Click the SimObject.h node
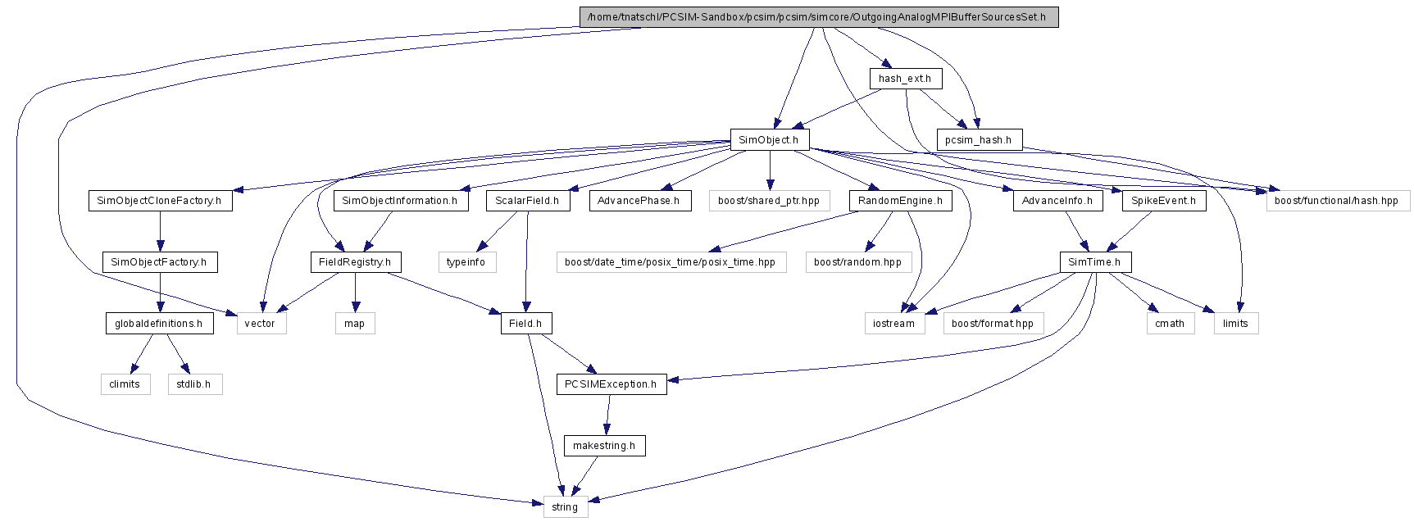coord(769,139)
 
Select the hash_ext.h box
coord(905,79)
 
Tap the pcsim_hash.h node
coord(979,139)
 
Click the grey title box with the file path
coord(819,17)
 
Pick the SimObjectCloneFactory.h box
coord(160,201)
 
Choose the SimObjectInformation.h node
coord(400,201)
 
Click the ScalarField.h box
coord(527,201)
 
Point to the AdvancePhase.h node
coord(639,201)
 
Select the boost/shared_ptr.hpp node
coord(769,201)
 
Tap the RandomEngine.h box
coord(900,201)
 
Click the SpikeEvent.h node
coord(1164,201)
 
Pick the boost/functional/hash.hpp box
coord(1337,201)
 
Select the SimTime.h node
coord(1095,262)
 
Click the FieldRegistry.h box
coord(356,262)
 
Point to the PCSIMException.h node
coord(612,384)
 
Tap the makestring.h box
coord(604,446)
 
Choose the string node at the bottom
coord(565,507)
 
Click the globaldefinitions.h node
coord(159,324)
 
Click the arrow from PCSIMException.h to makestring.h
coord(607,415)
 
